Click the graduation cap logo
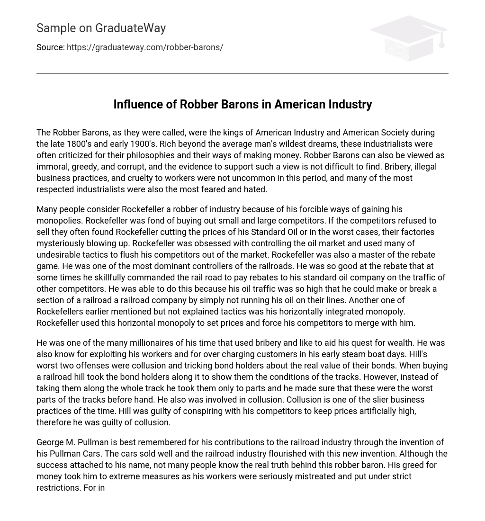pos(409,38)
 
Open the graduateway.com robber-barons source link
pos(145,47)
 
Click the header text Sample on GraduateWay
pos(101,28)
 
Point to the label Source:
pos(50,47)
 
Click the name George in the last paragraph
pos(50,442)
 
